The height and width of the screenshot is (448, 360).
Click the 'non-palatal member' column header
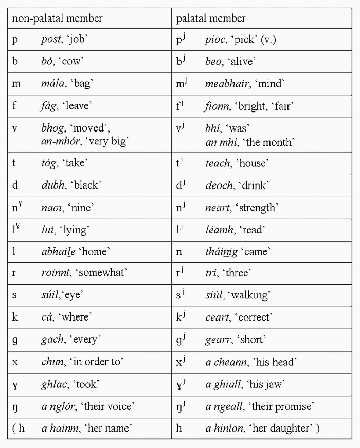point(57,18)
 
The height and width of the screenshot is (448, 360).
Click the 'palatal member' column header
point(210,18)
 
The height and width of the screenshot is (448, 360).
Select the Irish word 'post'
point(51,40)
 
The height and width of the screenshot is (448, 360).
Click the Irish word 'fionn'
point(217,106)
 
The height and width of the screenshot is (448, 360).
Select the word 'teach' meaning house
point(218,163)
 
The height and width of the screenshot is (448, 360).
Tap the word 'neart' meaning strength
point(217,208)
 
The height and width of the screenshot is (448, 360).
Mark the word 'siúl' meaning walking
point(214,295)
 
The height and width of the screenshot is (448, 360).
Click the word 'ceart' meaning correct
point(217,317)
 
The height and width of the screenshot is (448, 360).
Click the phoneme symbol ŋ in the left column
point(15,407)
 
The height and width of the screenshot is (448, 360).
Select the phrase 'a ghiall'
point(222,384)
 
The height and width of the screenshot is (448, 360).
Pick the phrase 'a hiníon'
point(224,428)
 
